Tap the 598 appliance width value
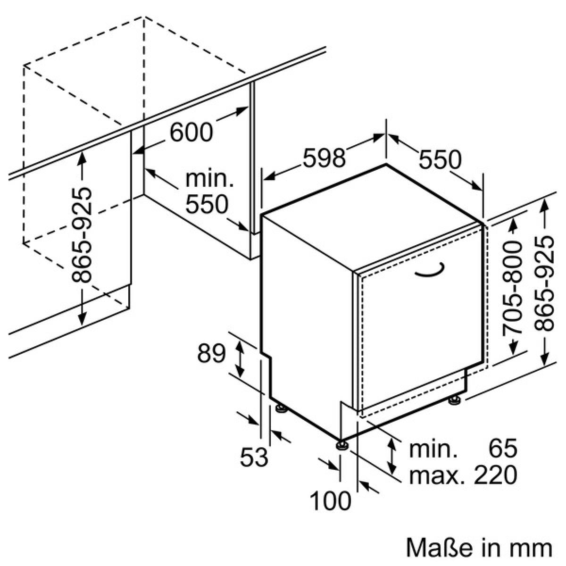point(324,158)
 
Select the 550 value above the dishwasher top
point(440,159)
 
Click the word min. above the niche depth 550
point(209,179)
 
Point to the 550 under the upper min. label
point(207,204)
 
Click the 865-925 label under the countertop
point(82,235)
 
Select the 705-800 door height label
point(513,288)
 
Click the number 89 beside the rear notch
point(211,353)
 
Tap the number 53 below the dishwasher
point(254,457)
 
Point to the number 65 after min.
point(502,448)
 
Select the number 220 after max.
point(495,475)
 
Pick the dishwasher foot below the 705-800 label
point(454,400)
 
